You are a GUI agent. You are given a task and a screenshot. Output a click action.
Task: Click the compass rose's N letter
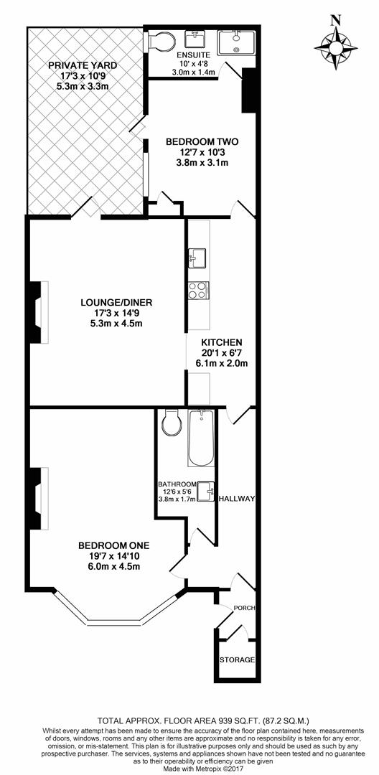pos(336,20)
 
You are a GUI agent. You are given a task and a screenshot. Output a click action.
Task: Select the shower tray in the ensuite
pos(237,42)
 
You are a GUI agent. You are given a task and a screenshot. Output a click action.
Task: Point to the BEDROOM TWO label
pos(202,142)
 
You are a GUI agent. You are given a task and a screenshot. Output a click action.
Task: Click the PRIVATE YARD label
pos(83,65)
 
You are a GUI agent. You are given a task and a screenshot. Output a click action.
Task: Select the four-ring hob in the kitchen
pos(198,290)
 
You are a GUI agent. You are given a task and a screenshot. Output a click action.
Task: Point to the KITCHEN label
pos(221,342)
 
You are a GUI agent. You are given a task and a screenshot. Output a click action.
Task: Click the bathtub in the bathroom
pos(201,438)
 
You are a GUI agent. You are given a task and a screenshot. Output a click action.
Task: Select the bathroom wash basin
pos(205,491)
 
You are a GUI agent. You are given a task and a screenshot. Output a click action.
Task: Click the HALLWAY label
pos(237,499)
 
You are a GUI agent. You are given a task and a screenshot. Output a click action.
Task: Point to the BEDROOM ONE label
pos(113,546)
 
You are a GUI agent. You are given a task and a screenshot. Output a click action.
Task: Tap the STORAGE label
pos(237,659)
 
